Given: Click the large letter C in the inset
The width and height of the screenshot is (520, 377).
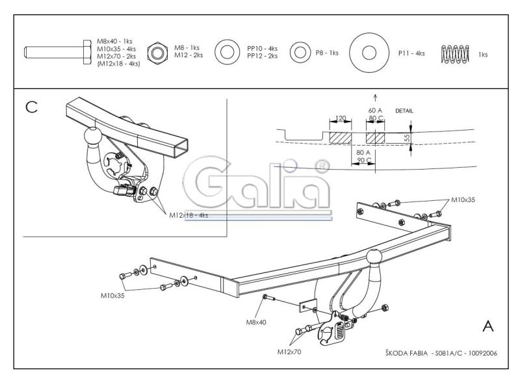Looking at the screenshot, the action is tap(31, 107).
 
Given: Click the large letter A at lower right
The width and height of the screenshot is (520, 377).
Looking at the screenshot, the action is tap(488, 326).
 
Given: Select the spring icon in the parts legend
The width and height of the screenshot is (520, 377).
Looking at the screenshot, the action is tap(455, 54).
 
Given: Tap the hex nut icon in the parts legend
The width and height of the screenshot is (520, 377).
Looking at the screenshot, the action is tap(157, 53).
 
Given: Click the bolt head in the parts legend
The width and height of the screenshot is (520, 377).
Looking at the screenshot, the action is tap(87, 52).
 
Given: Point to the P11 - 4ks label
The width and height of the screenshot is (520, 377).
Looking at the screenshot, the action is tap(411, 53).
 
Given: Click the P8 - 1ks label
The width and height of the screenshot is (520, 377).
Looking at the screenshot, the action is tap(327, 53).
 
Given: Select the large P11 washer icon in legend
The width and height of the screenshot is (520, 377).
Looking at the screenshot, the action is tap(369, 53).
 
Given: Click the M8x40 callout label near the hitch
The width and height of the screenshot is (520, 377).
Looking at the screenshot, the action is tap(255, 322).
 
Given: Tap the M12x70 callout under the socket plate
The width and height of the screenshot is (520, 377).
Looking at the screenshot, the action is tap(289, 352).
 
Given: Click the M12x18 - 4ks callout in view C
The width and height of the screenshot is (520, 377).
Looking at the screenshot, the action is tap(188, 215).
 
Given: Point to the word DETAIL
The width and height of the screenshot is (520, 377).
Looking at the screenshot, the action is tap(404, 111).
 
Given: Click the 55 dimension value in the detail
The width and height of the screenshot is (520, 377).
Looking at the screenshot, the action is tap(407, 138).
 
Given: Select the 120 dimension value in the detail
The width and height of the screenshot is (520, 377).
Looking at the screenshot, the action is tap(341, 118).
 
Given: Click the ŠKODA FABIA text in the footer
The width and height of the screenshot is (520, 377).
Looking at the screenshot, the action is tap(406, 353).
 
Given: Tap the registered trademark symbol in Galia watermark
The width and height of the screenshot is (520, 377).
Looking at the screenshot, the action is tap(321, 167).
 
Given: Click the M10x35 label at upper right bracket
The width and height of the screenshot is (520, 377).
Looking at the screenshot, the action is tap(463, 200).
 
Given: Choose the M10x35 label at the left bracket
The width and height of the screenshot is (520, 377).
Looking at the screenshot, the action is tap(112, 296).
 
